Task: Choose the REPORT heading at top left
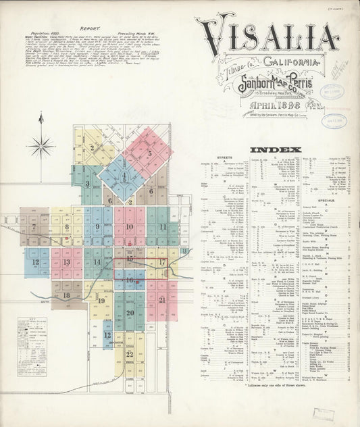pyautogui.click(x=90, y=30)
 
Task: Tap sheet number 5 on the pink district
pyautogui.click(x=149, y=153)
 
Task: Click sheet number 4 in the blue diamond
pyautogui.click(x=124, y=176)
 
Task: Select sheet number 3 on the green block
pyautogui.click(x=87, y=183)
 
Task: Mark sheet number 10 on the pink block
pyautogui.click(x=129, y=226)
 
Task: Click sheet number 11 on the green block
pyautogui.click(x=162, y=226)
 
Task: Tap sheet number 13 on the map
pyautogui.click(x=66, y=261)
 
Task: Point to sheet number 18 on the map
pyautogui.click(x=66, y=295)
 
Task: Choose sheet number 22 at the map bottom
pyautogui.click(x=129, y=353)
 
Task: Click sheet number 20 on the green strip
pyautogui.click(x=130, y=312)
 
